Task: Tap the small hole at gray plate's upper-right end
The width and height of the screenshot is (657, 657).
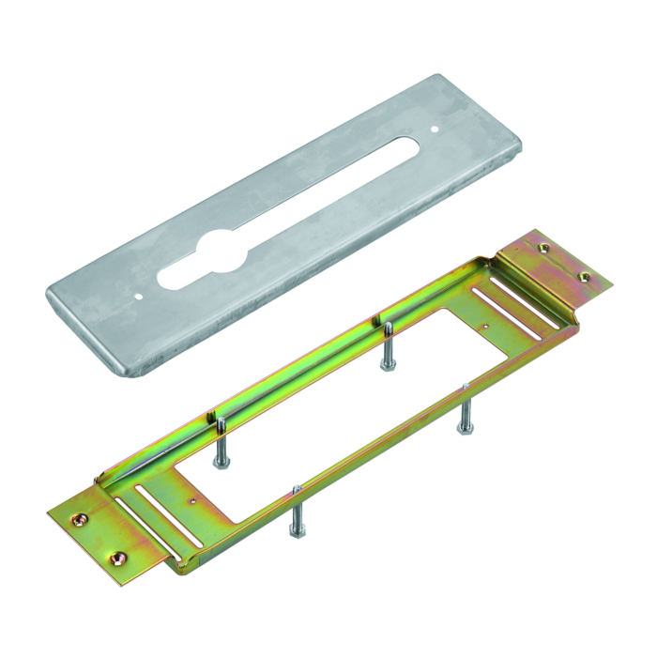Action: [435, 128]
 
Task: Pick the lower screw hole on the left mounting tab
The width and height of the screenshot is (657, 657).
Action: [118, 558]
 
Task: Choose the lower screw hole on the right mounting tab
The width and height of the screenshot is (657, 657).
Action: [583, 277]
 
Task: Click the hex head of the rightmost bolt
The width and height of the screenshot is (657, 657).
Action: [463, 429]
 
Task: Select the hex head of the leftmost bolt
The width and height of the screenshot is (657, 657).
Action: [219, 461]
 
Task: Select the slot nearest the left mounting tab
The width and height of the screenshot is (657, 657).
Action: [137, 513]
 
